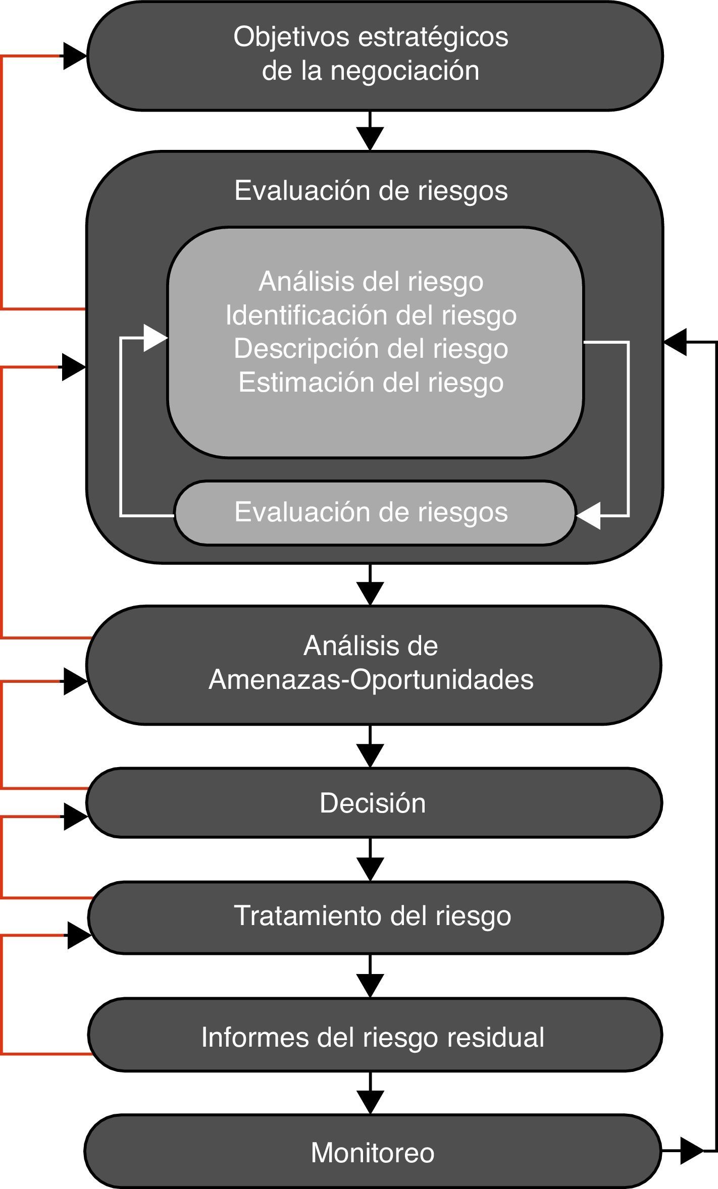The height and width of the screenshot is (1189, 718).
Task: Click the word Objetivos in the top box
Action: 291,38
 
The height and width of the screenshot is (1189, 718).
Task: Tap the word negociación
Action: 404,71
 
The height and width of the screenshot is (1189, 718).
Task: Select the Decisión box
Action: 373,803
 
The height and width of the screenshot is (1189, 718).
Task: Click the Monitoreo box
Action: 373,1153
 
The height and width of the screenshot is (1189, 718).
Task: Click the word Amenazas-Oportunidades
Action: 371,680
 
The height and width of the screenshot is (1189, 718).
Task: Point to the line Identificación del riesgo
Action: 371,315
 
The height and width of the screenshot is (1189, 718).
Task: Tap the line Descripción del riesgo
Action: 371,349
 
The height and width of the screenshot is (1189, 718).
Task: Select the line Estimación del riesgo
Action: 371,383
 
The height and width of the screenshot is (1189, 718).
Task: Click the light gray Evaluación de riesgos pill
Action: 371,512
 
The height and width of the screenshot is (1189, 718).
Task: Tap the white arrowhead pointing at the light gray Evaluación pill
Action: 589,516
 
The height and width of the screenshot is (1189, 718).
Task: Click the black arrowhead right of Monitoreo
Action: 690,1151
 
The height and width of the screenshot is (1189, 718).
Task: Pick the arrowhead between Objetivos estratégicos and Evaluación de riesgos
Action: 370,138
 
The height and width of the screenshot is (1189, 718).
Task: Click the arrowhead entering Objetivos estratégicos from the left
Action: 74,56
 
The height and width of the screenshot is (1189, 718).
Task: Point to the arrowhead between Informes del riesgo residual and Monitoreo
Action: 370,1101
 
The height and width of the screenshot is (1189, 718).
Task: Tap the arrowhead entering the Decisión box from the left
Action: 76,818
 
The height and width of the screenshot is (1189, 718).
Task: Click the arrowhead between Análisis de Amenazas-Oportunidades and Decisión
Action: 370,754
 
